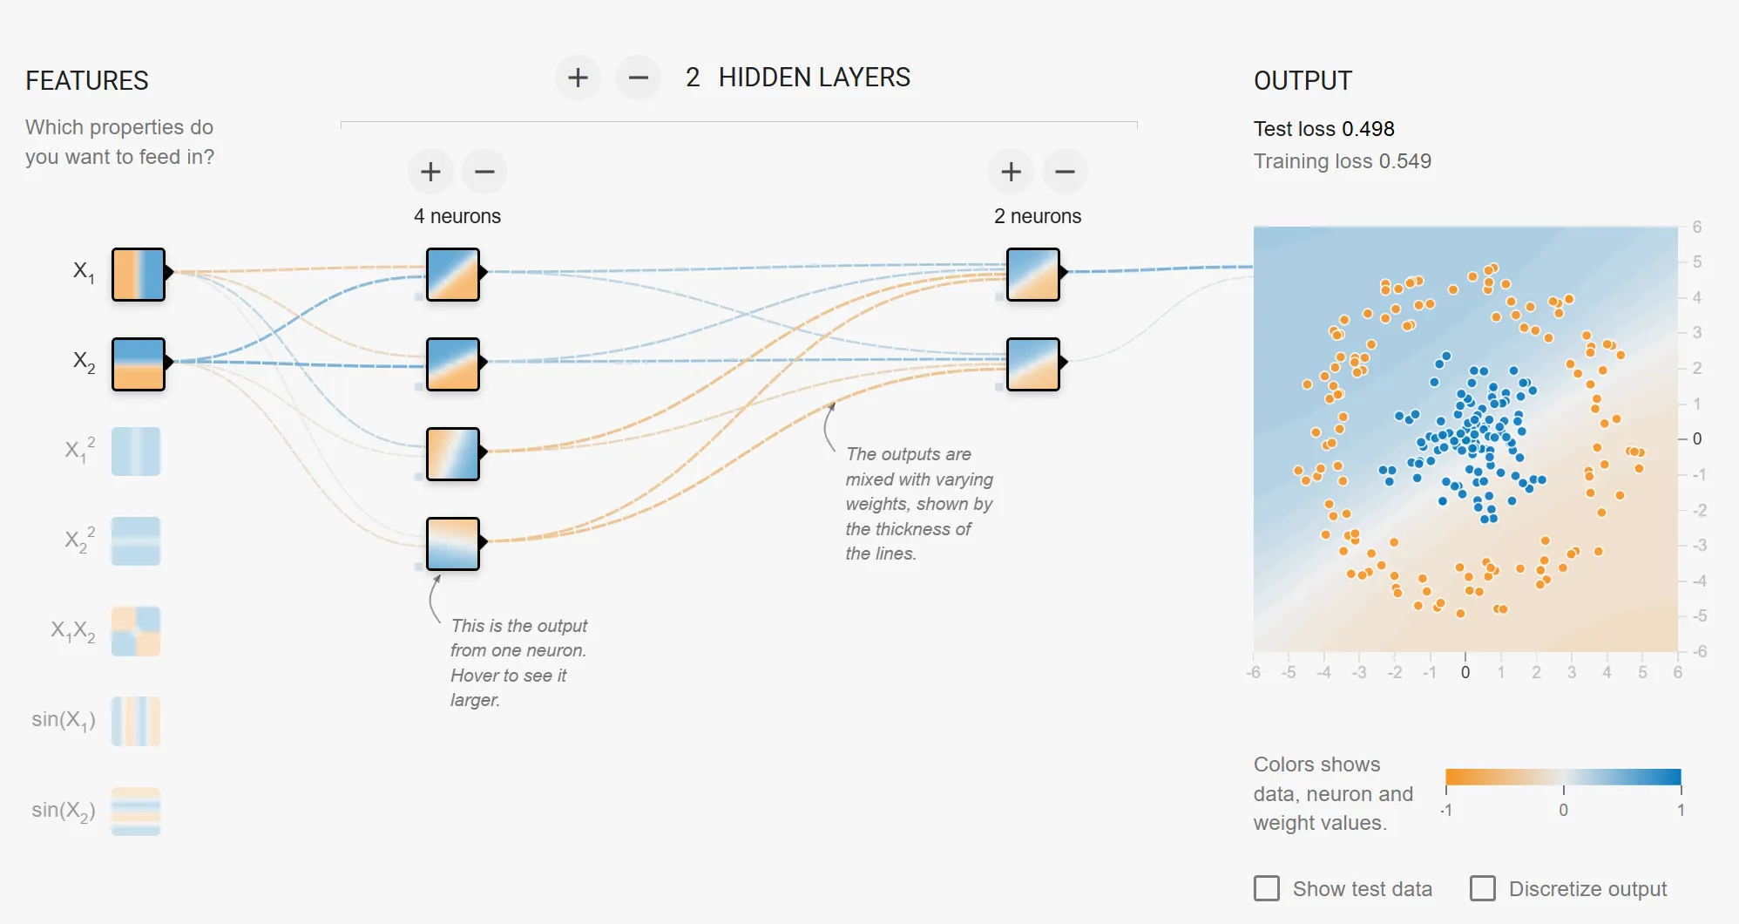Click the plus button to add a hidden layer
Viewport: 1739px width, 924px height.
pos(578,78)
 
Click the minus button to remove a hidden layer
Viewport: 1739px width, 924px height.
pos(639,78)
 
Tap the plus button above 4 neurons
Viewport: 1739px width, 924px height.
pos(430,171)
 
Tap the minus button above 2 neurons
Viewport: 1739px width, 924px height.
pos(1065,171)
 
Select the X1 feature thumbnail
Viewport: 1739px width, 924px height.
pos(139,275)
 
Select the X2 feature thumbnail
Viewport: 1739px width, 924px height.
pos(139,364)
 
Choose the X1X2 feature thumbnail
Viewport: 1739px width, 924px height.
pos(136,631)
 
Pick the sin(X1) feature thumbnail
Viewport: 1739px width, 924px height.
pos(136,721)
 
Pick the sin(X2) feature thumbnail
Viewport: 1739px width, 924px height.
pos(136,812)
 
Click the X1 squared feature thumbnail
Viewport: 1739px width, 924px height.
pos(136,451)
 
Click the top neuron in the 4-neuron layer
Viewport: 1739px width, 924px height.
pos(453,275)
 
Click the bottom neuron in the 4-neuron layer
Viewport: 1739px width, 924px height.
pos(453,544)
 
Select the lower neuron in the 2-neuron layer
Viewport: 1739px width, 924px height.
pos(1033,364)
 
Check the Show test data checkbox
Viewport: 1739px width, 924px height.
pos(1267,888)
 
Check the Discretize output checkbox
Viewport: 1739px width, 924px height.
pos(1483,888)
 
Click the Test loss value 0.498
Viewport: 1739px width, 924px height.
pos(1368,129)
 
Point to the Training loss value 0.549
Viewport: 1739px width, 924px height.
pos(1405,161)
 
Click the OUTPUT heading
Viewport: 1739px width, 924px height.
pos(1303,80)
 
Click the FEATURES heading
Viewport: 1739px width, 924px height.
pos(87,80)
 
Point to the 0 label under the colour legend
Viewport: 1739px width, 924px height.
pos(1564,810)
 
